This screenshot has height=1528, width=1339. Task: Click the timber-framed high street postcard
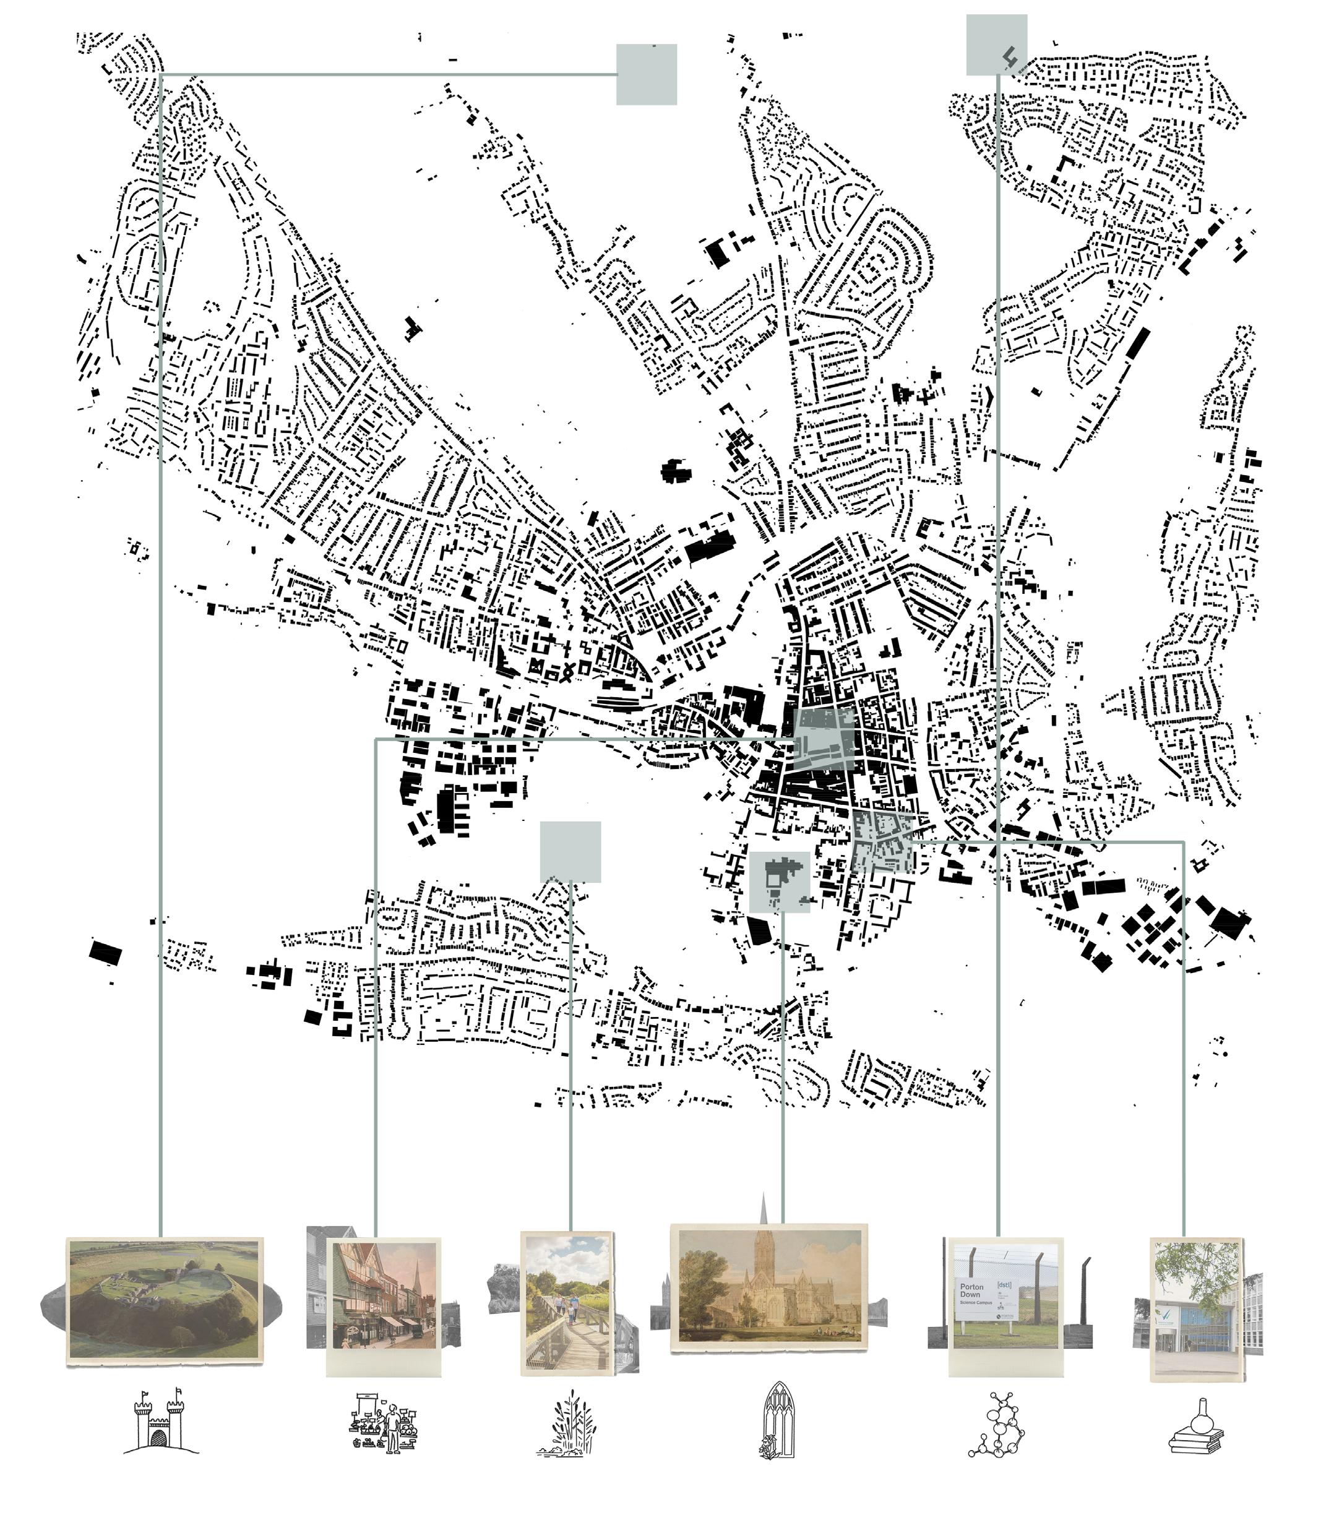pyautogui.click(x=384, y=1297)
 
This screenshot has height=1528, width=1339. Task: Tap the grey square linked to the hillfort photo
pyautogui.click(x=647, y=74)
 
